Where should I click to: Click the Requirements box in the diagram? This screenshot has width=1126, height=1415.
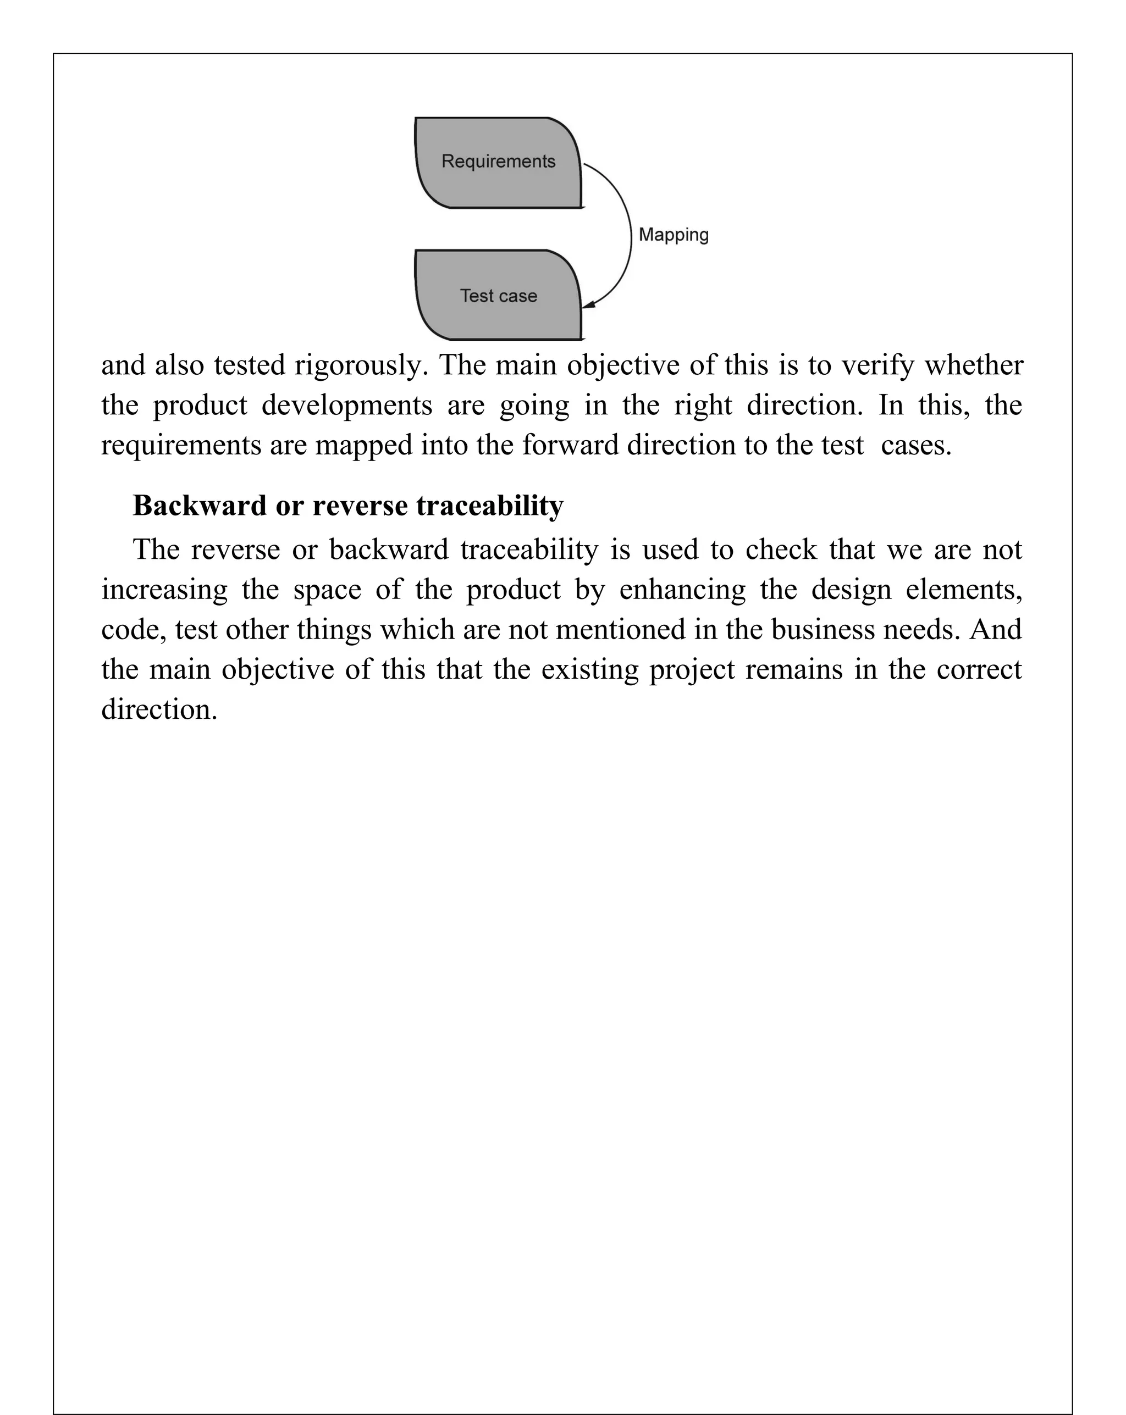[x=498, y=162]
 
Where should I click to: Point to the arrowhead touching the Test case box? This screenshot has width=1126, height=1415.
[x=589, y=304]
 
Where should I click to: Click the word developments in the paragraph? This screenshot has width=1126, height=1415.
[x=347, y=406]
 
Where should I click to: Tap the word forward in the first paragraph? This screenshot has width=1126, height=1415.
[x=570, y=446]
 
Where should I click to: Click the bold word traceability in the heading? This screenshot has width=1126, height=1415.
[x=490, y=506]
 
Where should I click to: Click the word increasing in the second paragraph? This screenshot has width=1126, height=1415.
[x=164, y=590]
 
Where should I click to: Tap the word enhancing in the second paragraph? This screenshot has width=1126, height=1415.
[x=682, y=590]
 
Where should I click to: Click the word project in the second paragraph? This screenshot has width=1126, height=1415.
[x=692, y=670]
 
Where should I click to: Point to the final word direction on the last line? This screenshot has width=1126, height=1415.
[x=158, y=710]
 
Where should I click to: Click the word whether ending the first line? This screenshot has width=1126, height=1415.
[x=974, y=365]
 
